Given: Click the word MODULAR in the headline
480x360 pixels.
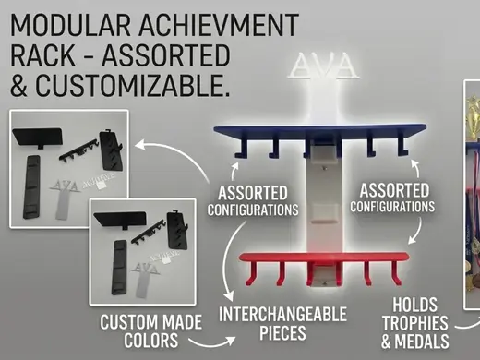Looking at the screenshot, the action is point(71,25).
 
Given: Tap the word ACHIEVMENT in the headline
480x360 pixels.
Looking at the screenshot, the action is point(219,25).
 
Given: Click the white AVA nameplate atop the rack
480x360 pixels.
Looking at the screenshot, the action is point(324,66).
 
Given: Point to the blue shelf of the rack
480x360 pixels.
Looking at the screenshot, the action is point(320,129).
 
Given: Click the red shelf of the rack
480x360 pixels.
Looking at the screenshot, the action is point(324,258).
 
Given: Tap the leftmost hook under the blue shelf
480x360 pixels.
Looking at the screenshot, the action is point(242,148).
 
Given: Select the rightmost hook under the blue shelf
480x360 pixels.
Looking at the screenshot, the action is point(402,145).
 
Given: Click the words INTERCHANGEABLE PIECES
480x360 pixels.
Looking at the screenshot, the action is point(282,323).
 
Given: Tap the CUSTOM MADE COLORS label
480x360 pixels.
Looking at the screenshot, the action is point(150,331).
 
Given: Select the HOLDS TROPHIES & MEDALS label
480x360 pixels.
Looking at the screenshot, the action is point(414,323).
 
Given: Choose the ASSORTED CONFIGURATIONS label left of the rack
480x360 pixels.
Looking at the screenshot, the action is point(253,201).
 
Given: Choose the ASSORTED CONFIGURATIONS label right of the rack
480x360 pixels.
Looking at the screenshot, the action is point(392,198).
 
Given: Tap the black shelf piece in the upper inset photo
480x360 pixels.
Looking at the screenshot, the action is point(38,138).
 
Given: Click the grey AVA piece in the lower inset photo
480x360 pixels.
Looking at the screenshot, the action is point(145,278).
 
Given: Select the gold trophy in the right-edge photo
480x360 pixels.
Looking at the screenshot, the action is point(474,117).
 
